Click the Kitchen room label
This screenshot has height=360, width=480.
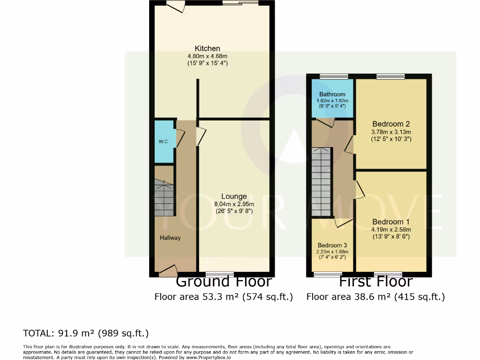207,48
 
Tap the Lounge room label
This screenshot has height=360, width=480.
234,196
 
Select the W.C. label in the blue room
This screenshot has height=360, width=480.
163,142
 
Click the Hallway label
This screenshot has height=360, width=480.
170,238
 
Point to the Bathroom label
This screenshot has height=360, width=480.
332,94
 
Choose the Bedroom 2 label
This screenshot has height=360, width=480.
391,124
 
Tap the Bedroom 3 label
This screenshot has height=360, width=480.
332,245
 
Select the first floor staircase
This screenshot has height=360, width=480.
322,180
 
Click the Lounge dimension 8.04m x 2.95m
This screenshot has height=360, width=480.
234,204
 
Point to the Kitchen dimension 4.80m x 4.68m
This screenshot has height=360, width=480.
207,56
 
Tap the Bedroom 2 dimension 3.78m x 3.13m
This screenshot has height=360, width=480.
391,132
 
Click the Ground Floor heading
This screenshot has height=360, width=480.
224,282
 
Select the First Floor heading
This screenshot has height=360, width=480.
375,282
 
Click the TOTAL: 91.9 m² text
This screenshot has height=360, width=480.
86,333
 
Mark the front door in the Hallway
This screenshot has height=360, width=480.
168,270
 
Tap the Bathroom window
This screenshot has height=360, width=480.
334,76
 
